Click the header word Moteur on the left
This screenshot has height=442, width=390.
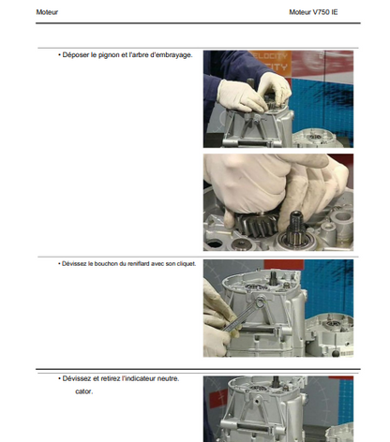click(x=47, y=12)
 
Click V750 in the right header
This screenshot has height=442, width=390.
click(x=321, y=12)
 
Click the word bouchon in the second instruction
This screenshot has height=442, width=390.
click(x=104, y=264)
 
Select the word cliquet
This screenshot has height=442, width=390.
click(x=187, y=264)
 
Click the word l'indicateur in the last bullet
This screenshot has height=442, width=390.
click(x=139, y=378)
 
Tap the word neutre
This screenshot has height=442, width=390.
click(x=168, y=378)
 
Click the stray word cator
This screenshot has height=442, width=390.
click(x=84, y=391)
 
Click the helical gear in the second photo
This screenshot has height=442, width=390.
click(x=255, y=223)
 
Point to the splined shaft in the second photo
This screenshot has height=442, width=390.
click(x=294, y=226)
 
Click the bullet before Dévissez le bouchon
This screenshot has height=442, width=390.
click(x=59, y=264)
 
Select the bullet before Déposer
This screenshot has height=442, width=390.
click(x=59, y=55)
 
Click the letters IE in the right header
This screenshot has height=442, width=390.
click(x=335, y=12)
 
